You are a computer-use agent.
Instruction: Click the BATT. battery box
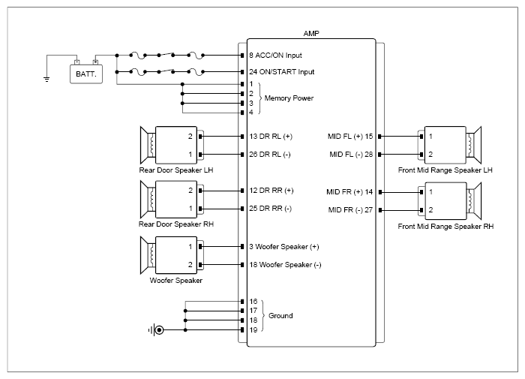[86, 74]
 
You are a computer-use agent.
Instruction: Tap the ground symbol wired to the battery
[46, 80]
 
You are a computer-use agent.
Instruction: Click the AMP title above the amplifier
[311, 34]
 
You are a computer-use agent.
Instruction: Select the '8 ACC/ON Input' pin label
[275, 56]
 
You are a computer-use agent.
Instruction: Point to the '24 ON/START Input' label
[281, 72]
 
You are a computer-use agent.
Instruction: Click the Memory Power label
[289, 98]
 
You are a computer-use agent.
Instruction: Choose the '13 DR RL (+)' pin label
[271, 137]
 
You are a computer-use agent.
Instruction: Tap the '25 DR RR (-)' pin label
[270, 209]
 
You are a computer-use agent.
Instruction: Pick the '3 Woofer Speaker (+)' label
[284, 247]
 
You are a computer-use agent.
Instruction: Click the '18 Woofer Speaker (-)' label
[285, 265]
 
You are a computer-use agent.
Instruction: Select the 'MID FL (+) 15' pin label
[350, 137]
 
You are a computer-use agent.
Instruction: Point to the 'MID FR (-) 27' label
[350, 210]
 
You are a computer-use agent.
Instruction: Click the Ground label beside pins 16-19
[280, 316]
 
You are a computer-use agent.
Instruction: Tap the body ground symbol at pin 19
[156, 330]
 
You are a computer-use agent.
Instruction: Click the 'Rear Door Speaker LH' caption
[176, 170]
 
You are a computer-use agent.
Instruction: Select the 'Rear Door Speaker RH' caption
[176, 224]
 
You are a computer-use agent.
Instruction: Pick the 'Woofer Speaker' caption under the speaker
[175, 281]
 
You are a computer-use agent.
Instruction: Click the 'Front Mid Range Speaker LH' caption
[445, 170]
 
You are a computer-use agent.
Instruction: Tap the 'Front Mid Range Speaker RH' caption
[445, 227]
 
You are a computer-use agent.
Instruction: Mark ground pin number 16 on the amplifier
[253, 301]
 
